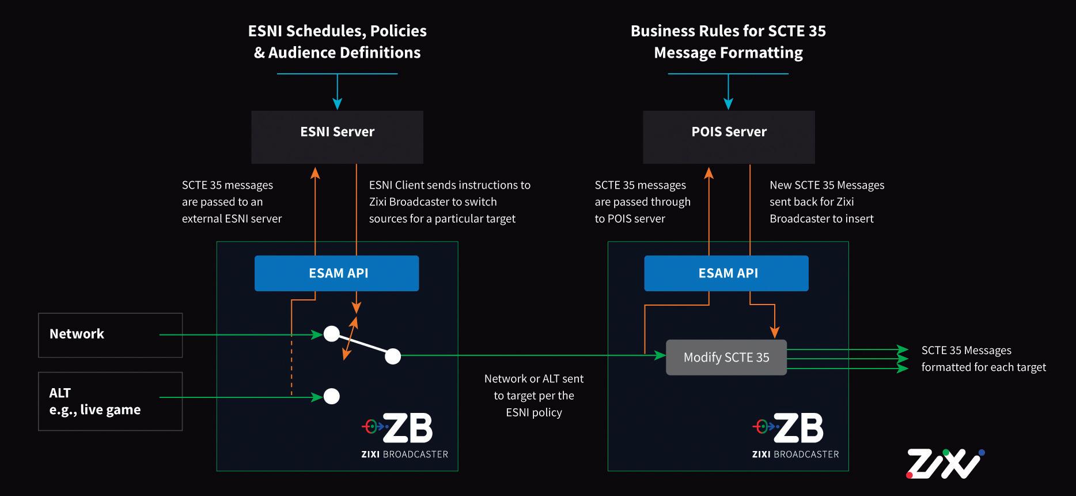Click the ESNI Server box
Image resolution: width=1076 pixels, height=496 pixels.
click(x=337, y=137)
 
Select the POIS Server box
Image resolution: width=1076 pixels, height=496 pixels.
click(x=729, y=137)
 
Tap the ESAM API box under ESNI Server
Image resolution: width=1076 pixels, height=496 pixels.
click(x=336, y=273)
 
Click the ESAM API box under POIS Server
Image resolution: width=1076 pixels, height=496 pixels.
click(x=726, y=273)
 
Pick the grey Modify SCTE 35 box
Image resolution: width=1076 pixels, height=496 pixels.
click(x=726, y=358)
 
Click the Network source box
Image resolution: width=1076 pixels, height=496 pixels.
click(x=110, y=335)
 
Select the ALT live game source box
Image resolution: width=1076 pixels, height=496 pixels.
click(x=110, y=401)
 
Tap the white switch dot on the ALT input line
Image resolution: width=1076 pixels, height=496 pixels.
click(x=331, y=396)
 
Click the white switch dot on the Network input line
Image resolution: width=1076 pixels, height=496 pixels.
click(x=331, y=333)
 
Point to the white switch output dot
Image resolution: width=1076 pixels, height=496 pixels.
click(x=393, y=356)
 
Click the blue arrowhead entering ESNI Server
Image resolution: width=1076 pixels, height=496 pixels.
click(x=338, y=104)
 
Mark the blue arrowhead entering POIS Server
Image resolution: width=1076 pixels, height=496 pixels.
click(x=728, y=104)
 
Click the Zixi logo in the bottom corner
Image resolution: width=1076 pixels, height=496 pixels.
click(x=945, y=464)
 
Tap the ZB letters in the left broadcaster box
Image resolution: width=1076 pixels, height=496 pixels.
click(x=407, y=428)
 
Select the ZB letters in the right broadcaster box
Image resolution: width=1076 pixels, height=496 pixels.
click(x=798, y=428)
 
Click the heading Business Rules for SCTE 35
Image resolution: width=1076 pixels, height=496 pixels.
click(x=728, y=31)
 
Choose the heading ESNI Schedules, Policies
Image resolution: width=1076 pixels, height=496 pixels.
click(x=338, y=31)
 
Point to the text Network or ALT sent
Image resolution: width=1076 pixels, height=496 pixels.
click(x=533, y=379)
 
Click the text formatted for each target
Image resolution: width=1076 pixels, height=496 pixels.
click(x=983, y=367)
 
